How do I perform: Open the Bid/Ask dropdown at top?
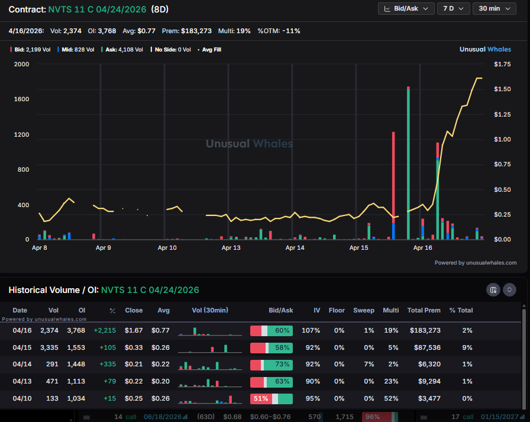pos(405,8)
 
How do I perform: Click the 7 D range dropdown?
pos(453,8)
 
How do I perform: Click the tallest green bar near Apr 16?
pos(409,163)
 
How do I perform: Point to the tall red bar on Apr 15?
pos(393,178)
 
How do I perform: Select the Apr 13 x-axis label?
pos(231,248)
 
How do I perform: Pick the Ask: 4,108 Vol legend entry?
pos(124,50)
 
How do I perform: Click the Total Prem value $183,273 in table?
pos(424,330)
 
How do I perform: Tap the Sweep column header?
pos(364,310)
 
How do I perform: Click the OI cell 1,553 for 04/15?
pos(75,347)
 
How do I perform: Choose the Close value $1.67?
pos(134,330)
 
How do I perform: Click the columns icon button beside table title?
pos(493,290)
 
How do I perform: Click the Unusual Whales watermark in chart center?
pos(249,144)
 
